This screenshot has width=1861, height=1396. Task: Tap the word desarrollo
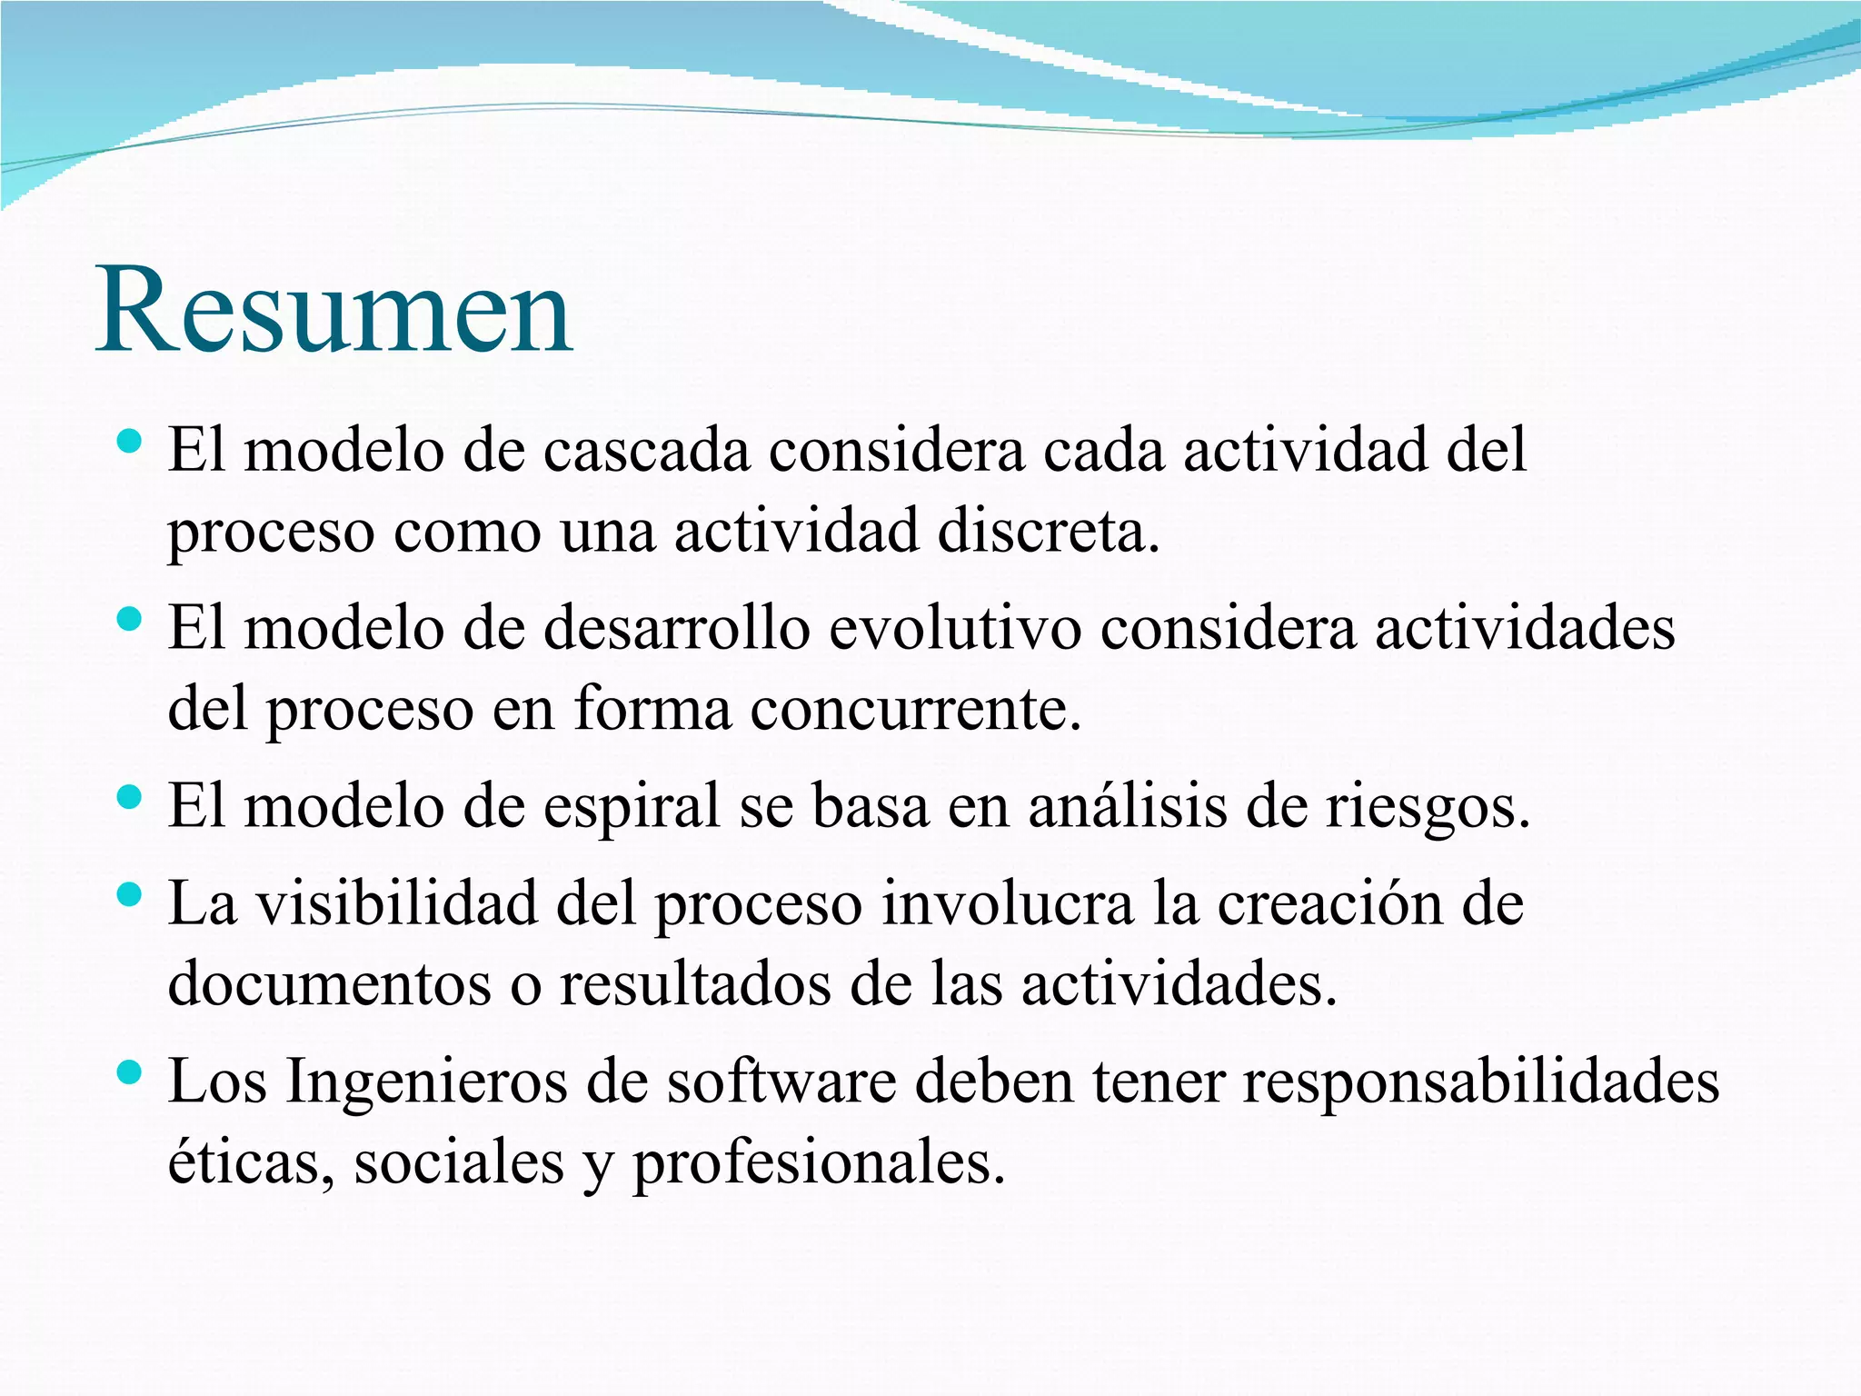pos(676,628)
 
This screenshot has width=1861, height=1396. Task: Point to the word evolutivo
pos(954,628)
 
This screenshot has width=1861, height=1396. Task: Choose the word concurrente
pos(915,709)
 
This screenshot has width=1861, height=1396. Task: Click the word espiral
pos(631,806)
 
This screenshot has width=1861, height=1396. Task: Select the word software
pos(781,1082)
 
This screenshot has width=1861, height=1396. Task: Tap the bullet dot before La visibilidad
pos(130,895)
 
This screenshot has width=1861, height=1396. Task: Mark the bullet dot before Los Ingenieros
pos(130,1073)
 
